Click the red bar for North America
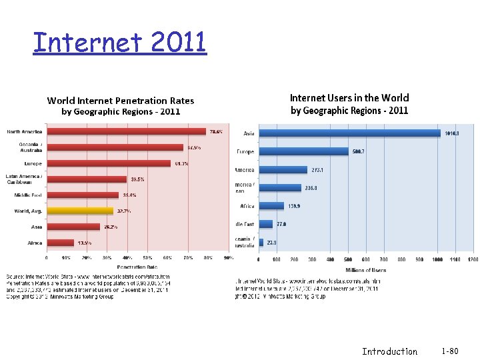pyautogui.click(x=127, y=131)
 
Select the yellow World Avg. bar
pyautogui.click(x=79, y=211)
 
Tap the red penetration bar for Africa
pyautogui.click(x=60, y=243)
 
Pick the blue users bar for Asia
pyautogui.click(x=349, y=133)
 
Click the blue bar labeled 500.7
pyautogui.click(x=303, y=151)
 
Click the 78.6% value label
pyautogui.click(x=216, y=131)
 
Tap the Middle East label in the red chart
pyautogui.click(x=28, y=195)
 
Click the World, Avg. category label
pyautogui.click(x=27, y=211)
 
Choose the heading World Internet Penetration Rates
pyautogui.click(x=121, y=101)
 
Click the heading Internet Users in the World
pyautogui.click(x=349, y=98)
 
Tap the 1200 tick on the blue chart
pyautogui.click(x=473, y=259)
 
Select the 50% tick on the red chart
pyautogui.click(x=147, y=257)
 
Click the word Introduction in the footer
pyautogui.click(x=389, y=351)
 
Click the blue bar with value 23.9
pyautogui.click(x=261, y=243)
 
